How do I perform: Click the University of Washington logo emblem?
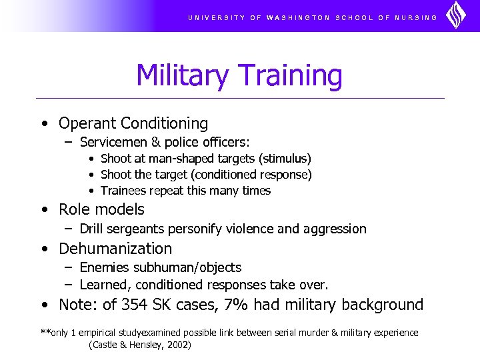tap(456, 15)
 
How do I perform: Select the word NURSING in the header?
tap(417, 17)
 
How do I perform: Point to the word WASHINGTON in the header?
tap(297, 17)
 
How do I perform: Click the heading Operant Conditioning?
tap(133, 123)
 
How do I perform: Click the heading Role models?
tap(101, 209)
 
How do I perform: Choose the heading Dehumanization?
tap(115, 249)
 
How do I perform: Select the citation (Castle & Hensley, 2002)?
tap(139, 345)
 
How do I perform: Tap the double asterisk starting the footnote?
tap(45, 332)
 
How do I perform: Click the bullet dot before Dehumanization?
tap(43, 249)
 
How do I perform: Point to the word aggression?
tap(335, 229)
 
